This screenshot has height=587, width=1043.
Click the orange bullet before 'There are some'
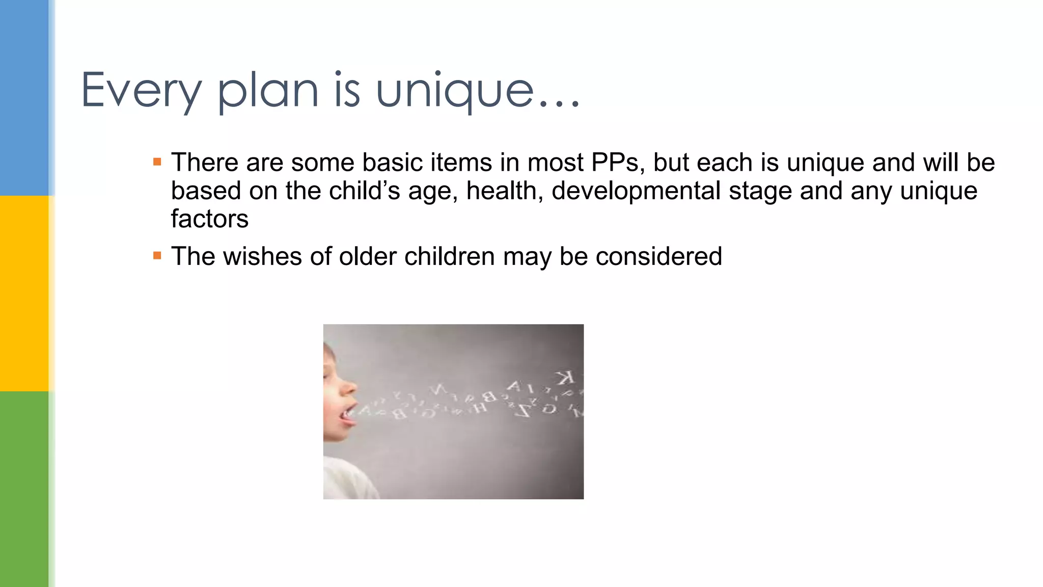pos(157,163)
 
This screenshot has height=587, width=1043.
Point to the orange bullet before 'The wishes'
pos(157,256)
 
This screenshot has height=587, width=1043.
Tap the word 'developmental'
pos(636,191)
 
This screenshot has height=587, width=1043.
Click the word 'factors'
pos(209,219)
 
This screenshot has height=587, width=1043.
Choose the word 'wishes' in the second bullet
pos(263,256)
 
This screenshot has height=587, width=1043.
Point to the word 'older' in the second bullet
pos(368,256)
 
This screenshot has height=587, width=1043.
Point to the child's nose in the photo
pos(350,388)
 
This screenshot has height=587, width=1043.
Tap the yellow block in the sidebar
pos(24,293)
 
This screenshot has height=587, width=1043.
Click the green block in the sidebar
pos(24,489)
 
